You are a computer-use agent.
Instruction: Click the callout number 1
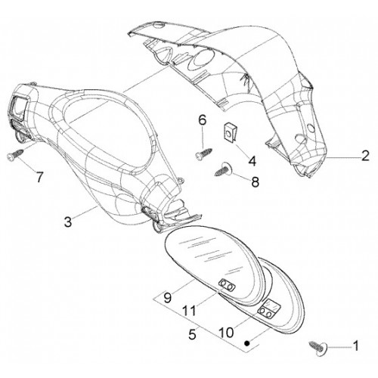[355, 345]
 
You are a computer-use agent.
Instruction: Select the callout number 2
[365, 156]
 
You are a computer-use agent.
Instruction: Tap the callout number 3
[68, 222]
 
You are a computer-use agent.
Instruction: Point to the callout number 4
[252, 161]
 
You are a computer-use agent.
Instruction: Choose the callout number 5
[192, 334]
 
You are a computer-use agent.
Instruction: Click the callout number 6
[203, 120]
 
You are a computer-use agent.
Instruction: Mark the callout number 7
[39, 177]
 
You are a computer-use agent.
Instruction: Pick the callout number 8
[256, 181]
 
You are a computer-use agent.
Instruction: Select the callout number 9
[168, 297]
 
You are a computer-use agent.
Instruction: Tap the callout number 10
[226, 333]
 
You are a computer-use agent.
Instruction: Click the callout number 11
[189, 310]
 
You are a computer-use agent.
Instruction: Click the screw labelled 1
[318, 348]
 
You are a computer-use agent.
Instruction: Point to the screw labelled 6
[203, 153]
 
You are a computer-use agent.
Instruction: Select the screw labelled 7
[15, 154]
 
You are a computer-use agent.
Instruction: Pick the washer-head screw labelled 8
[224, 169]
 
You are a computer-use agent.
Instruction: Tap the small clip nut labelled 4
[229, 131]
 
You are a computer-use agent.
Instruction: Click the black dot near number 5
[247, 343]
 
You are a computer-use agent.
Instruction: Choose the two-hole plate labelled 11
[227, 285]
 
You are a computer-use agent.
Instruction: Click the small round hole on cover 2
[311, 129]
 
